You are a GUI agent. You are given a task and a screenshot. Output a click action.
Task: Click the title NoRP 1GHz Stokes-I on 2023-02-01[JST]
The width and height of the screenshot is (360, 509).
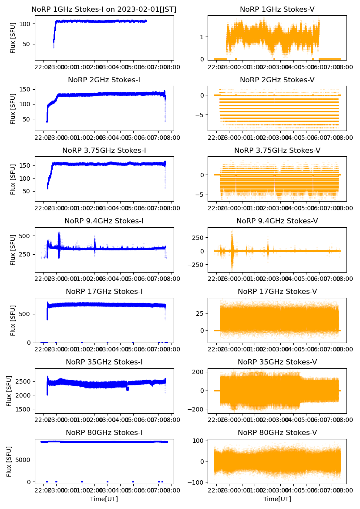(104, 10)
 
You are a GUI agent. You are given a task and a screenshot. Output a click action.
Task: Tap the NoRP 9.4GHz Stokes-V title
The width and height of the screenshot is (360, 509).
(277, 221)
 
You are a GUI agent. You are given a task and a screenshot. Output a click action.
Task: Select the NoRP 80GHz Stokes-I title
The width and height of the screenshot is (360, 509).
(104, 432)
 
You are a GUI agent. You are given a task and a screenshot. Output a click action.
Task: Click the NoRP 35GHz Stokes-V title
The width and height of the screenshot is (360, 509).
(277, 362)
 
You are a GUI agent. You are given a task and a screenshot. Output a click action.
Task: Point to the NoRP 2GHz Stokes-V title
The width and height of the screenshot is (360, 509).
(277, 80)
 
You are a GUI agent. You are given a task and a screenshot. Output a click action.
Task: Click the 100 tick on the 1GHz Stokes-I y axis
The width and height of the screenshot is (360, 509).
(25, 24)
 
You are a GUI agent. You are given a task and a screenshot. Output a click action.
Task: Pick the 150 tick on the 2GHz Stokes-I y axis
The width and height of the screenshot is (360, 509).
(25, 89)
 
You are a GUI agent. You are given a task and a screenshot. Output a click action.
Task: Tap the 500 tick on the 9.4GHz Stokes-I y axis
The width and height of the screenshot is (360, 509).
(25, 236)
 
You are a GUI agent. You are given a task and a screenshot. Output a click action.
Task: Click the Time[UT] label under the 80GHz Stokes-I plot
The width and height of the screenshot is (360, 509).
(104, 499)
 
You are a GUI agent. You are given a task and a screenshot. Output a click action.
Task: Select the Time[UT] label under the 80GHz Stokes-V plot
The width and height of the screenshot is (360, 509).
(277, 499)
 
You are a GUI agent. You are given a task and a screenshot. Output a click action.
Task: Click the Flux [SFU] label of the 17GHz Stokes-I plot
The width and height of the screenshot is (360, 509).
(13, 320)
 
